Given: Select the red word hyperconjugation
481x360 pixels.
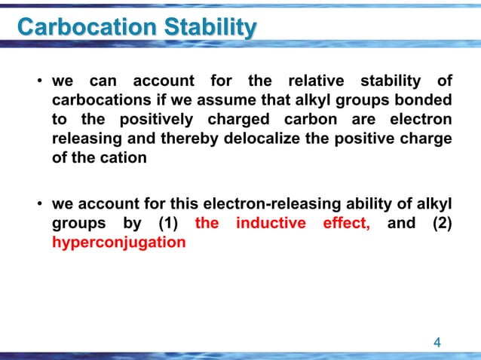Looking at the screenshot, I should [119, 243].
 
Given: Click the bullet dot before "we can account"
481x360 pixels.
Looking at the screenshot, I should [38, 81].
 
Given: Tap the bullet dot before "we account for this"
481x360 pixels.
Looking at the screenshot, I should [38, 205].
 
